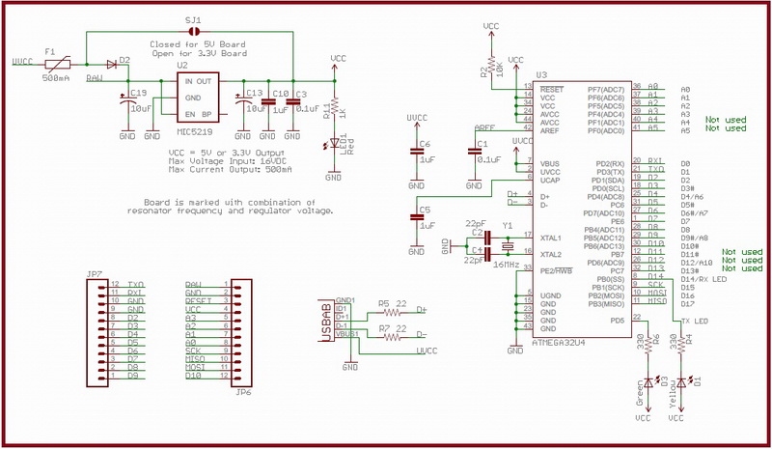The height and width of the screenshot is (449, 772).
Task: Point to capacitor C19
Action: tap(126, 106)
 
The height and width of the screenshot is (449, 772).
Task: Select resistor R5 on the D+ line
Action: tap(391, 312)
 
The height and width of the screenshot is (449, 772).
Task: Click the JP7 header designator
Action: tap(94, 275)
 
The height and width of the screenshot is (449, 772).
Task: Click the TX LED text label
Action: tap(697, 321)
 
